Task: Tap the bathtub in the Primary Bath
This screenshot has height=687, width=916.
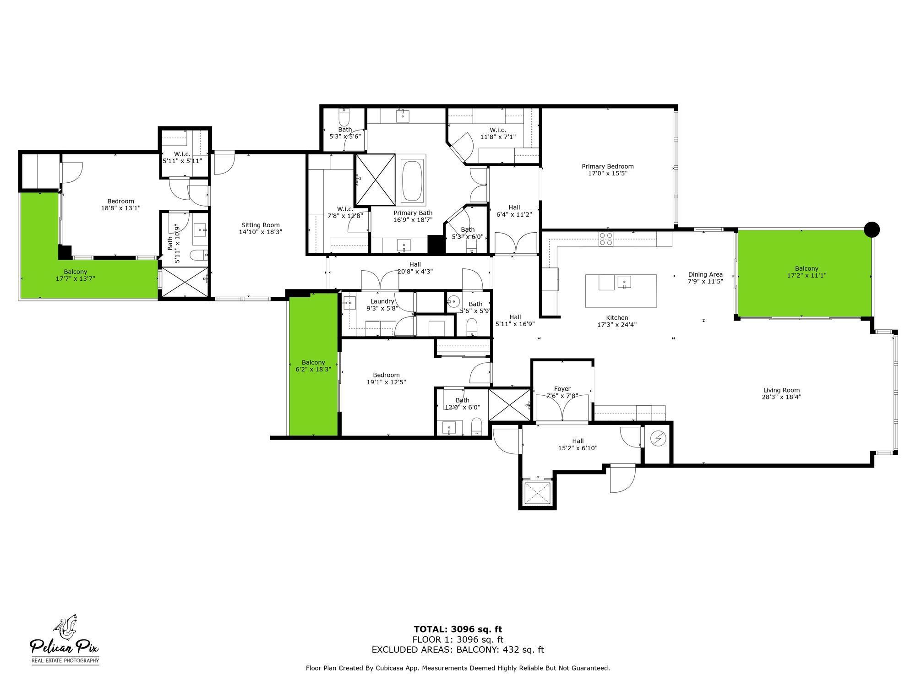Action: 413,181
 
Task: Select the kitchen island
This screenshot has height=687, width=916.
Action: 621,291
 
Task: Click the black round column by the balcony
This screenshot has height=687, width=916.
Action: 872,229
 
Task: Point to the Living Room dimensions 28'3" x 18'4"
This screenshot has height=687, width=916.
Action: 781,397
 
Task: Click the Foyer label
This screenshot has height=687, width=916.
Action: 562,389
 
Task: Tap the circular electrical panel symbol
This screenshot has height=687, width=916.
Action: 658,439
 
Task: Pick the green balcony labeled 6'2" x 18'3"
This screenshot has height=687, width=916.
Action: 313,365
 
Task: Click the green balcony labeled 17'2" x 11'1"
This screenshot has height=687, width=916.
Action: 806,272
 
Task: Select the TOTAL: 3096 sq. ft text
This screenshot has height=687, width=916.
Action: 458,629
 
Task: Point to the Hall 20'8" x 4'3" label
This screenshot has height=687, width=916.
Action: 415,267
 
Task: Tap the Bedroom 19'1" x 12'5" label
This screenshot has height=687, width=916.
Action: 386,378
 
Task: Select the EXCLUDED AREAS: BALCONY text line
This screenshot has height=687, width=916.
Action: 458,649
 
